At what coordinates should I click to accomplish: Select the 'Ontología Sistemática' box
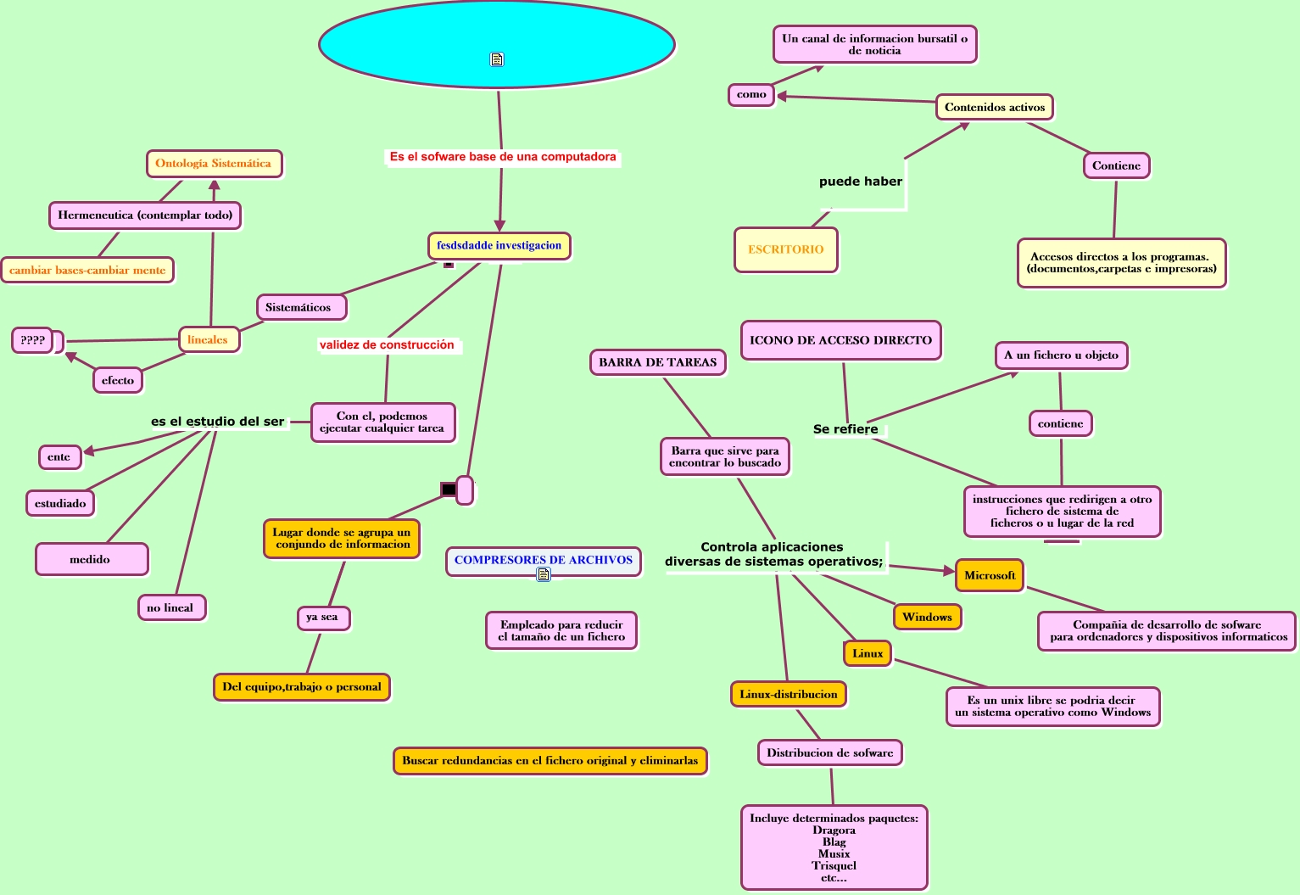214,164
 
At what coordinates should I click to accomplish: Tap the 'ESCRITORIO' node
786,249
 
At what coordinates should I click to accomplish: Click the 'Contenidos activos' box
995,107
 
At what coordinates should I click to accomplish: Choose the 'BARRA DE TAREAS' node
658,362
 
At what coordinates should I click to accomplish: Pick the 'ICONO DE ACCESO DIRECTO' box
840,340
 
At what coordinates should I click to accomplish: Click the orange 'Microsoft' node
990,575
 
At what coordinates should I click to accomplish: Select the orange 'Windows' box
927,617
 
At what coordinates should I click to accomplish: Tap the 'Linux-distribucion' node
788,694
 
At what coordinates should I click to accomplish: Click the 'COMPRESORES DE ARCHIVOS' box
544,560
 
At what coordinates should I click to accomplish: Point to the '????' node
33,340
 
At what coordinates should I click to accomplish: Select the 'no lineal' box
170,607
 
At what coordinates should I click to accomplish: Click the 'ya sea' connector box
322,618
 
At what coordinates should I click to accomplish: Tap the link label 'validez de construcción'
387,345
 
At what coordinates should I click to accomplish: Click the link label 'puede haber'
861,182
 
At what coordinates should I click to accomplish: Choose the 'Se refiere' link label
845,429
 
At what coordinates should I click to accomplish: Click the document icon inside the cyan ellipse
497,59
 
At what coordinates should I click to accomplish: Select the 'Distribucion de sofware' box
829,752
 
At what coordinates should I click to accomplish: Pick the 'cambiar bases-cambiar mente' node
87,271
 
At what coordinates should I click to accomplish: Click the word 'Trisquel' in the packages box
834,866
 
